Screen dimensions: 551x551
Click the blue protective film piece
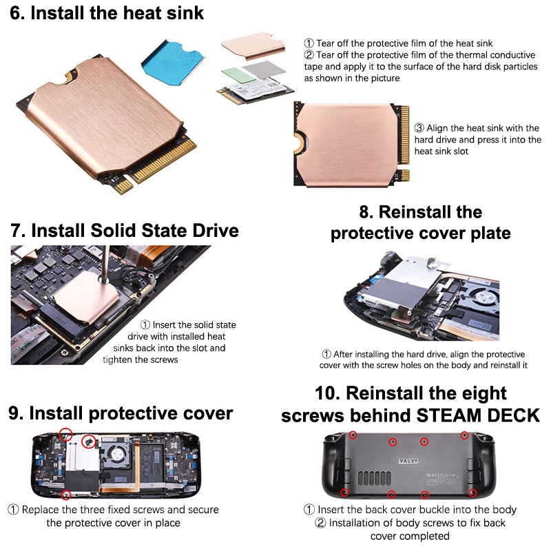click(172, 63)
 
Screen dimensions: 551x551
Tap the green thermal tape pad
click(239, 75)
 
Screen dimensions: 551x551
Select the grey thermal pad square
click(264, 70)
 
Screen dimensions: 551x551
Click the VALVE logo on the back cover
click(408, 461)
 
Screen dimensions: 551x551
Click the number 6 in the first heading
click(14, 13)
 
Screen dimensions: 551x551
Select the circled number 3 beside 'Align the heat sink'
click(419, 128)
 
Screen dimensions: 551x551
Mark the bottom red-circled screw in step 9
click(65, 495)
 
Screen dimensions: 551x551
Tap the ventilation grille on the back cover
click(374, 478)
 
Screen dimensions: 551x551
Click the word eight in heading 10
click(484, 393)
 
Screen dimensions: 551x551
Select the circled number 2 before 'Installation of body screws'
click(320, 523)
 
